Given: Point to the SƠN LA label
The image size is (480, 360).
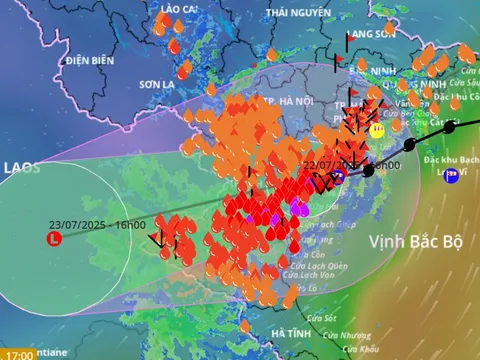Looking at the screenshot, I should click(157, 84).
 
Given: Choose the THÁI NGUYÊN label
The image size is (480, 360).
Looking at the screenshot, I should click(298, 12).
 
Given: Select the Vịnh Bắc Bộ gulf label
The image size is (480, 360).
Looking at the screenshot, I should click(415, 241).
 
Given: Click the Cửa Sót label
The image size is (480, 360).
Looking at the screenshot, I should click(323, 317).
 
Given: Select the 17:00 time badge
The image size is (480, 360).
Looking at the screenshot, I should click(18, 354).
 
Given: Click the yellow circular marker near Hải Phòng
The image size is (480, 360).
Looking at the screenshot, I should click(377, 130).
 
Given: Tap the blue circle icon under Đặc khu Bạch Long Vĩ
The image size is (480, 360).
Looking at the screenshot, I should click(451, 176).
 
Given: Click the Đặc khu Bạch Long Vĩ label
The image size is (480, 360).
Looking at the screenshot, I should click(453, 159).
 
